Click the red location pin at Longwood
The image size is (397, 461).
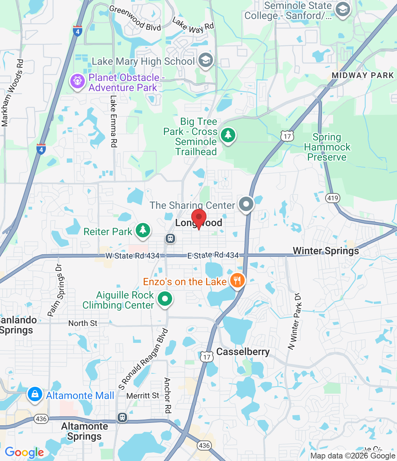(198, 218)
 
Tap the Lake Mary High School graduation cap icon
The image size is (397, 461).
(206, 61)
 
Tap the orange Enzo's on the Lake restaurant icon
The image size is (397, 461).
(237, 280)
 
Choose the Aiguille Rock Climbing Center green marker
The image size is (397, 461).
(165, 299)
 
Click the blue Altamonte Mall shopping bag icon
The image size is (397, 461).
(35, 394)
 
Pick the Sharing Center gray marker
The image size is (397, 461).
(246, 204)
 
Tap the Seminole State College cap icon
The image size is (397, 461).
(343, 10)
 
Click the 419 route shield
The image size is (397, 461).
(332, 198)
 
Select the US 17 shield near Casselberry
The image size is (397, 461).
(206, 357)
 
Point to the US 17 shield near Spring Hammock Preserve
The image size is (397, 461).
(287, 136)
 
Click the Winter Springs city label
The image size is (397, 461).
(326, 251)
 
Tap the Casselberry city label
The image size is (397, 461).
(243, 352)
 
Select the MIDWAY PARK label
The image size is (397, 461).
(363, 75)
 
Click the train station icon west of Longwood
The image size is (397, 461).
(170, 238)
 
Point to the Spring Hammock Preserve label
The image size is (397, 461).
(327, 147)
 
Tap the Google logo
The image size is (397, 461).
(24, 452)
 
